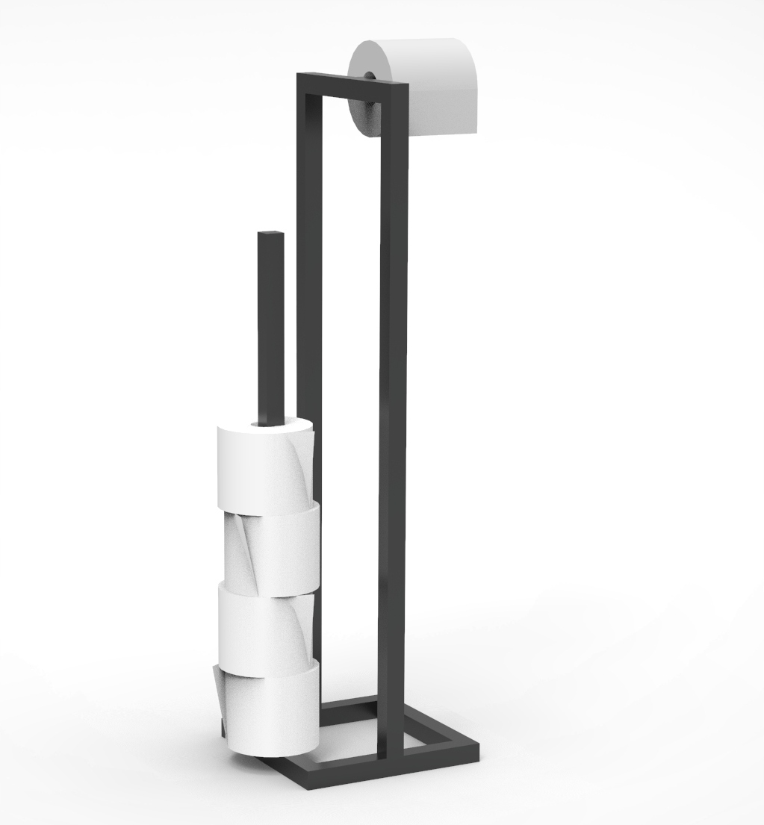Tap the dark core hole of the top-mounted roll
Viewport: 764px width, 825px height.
369,76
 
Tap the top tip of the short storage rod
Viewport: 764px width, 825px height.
270,234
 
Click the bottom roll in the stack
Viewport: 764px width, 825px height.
269,709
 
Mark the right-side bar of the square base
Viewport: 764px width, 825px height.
441,728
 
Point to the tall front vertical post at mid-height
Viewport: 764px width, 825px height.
393,411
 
